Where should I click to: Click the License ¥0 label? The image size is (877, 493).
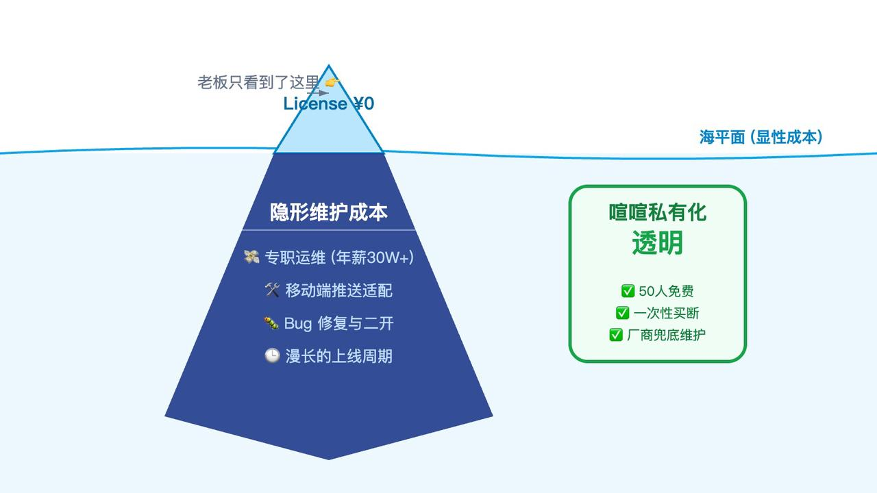(x=329, y=104)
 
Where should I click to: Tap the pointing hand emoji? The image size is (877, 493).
(x=332, y=83)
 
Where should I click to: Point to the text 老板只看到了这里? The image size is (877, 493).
(x=258, y=83)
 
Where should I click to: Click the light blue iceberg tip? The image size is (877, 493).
(x=329, y=130)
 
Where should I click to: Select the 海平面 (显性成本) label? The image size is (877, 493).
(x=761, y=137)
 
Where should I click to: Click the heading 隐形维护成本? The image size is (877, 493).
(x=329, y=212)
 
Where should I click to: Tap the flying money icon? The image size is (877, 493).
(x=251, y=257)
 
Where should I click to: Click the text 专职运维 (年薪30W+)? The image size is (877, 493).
(x=339, y=257)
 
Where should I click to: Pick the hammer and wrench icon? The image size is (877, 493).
(x=272, y=290)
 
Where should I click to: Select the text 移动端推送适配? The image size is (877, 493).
(x=339, y=290)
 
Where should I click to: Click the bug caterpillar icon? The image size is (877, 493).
(x=271, y=323)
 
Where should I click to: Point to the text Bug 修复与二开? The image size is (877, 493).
(x=339, y=323)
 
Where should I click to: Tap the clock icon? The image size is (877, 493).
(x=272, y=356)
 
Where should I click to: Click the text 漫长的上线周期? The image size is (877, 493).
(x=339, y=356)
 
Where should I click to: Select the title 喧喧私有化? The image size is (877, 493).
(x=658, y=212)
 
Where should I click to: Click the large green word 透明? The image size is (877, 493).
(x=658, y=243)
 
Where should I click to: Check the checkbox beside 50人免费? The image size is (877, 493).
(x=628, y=291)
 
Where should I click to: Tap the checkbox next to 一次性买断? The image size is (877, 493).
(x=622, y=313)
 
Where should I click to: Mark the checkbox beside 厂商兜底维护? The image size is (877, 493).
(x=616, y=335)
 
